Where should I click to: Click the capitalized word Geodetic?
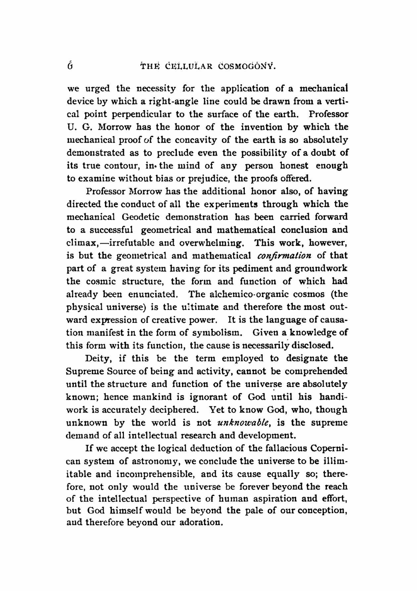click(x=141, y=217)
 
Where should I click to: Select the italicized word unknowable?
click(x=244, y=423)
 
